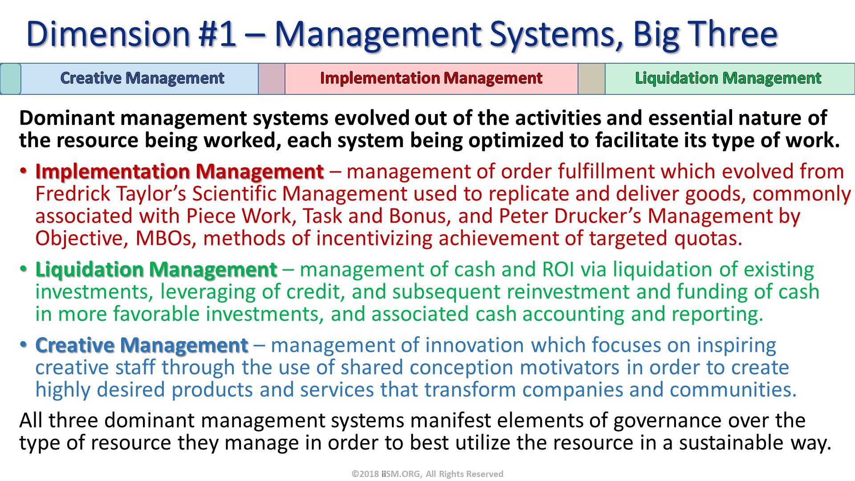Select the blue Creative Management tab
click(142, 78)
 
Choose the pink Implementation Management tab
click(431, 78)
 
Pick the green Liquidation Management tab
click(728, 78)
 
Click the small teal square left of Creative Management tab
click(11, 79)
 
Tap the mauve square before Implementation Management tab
click(271, 79)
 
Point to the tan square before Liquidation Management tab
click(591, 79)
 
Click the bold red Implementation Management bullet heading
click(179, 172)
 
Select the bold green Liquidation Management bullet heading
click(156, 270)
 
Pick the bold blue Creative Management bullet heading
click(141, 346)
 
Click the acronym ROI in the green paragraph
click(558, 270)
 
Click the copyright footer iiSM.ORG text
click(401, 474)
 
